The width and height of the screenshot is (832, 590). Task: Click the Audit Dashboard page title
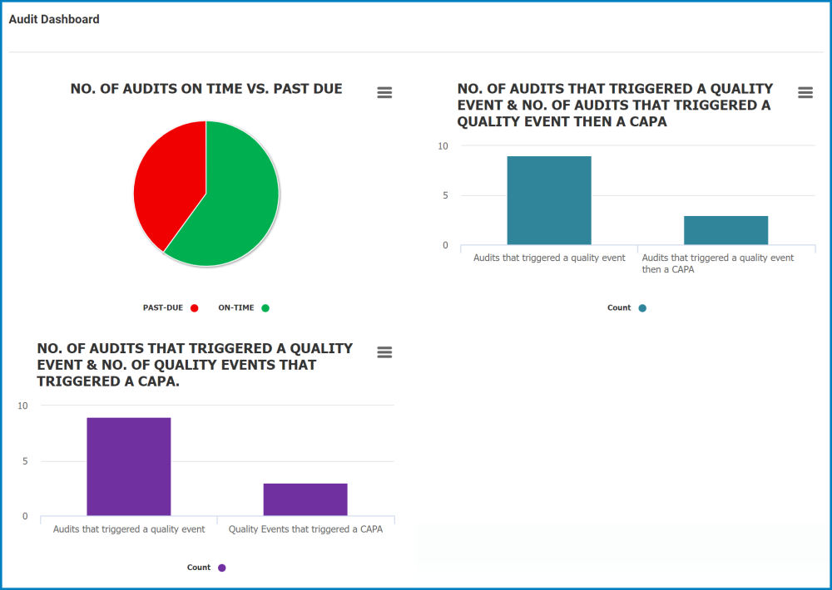click(54, 19)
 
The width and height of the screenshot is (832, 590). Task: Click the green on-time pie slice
click(237, 199)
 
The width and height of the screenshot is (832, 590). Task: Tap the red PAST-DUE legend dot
click(195, 308)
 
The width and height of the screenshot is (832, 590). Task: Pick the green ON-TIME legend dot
click(265, 308)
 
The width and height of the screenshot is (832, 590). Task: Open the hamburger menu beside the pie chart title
click(384, 92)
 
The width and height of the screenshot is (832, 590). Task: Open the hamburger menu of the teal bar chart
click(805, 92)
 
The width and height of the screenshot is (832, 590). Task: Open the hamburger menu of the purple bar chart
click(384, 352)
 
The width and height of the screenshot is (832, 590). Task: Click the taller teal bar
click(549, 200)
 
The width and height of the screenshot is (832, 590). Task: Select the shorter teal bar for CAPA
click(726, 230)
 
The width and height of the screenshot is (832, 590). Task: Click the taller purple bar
click(129, 466)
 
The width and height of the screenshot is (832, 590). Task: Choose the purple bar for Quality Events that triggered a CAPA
click(305, 499)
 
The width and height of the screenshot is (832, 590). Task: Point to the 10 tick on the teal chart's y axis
click(443, 146)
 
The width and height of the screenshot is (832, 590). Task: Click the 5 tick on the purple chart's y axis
click(24, 461)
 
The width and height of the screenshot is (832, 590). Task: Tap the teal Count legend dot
click(642, 308)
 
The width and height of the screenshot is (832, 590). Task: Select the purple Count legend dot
click(222, 568)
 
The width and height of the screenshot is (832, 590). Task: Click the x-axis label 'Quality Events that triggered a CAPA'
click(305, 529)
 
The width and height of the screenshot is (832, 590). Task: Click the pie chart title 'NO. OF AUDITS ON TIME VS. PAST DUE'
click(206, 89)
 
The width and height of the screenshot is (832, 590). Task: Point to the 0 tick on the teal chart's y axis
click(444, 245)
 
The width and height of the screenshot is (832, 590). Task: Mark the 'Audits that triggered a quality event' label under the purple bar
click(129, 529)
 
